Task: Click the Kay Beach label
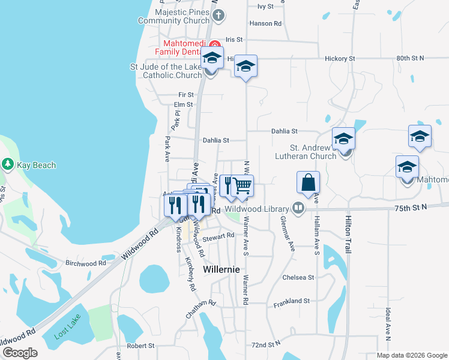point(36,165)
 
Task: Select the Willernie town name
point(221,269)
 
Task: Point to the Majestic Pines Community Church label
point(174,16)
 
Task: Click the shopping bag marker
point(308,182)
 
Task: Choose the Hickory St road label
point(340,59)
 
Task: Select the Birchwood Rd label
point(85,263)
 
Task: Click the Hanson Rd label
point(265,24)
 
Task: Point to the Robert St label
point(140,346)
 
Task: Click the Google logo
point(20,352)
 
